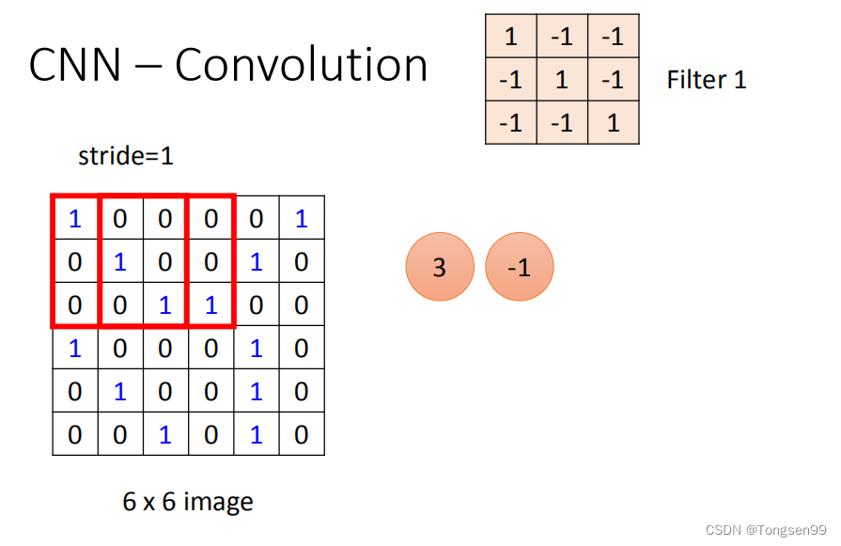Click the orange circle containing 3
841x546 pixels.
[x=439, y=267]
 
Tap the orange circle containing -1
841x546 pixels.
[x=520, y=267]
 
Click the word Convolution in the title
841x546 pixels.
[x=302, y=66]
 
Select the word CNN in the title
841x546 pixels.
[x=76, y=66]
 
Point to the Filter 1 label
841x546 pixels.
[x=707, y=80]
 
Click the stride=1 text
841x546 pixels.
[x=126, y=156]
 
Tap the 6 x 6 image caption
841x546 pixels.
[x=188, y=501]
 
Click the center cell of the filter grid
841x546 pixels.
[x=562, y=80]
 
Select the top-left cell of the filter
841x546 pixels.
[x=511, y=37]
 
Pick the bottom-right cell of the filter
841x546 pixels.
[x=613, y=123]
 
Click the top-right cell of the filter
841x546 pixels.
[x=613, y=37]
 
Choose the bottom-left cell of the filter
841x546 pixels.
[x=511, y=123]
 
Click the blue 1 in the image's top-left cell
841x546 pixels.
[x=75, y=218]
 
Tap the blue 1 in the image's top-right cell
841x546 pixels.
[x=301, y=218]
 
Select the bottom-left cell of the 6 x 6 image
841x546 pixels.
[x=75, y=434]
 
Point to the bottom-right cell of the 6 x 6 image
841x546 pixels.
[x=301, y=434]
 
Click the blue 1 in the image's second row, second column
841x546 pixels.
[x=120, y=261]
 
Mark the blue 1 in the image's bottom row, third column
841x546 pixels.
[x=165, y=434]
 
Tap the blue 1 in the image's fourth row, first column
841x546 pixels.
[x=75, y=348]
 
